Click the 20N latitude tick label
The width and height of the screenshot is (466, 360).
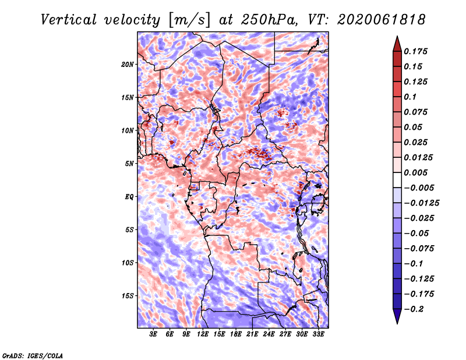click(x=128, y=65)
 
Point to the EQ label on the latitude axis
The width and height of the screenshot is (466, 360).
click(x=129, y=197)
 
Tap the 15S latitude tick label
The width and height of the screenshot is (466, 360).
click(x=128, y=296)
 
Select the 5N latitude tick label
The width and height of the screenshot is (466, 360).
click(x=129, y=164)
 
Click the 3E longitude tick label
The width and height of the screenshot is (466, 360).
click(x=153, y=334)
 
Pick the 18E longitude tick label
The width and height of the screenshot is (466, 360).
click(x=236, y=334)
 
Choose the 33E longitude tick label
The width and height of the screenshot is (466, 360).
click(x=318, y=334)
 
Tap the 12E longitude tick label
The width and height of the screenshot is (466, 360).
click(x=203, y=334)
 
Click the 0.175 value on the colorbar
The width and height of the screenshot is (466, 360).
click(x=415, y=51)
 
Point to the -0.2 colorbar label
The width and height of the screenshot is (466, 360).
click(x=414, y=309)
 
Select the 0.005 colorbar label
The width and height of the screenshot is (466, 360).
click(x=415, y=172)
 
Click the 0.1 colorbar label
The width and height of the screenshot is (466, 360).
click(x=410, y=97)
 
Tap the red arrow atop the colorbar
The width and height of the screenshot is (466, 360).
click(x=397, y=44)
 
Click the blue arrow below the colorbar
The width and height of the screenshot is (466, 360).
click(x=397, y=316)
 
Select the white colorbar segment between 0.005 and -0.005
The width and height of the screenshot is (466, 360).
click(x=397, y=180)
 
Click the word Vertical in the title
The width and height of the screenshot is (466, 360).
click(x=69, y=20)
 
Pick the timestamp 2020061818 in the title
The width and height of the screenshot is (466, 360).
click(x=382, y=20)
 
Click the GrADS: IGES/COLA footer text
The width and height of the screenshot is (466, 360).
click(x=33, y=356)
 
